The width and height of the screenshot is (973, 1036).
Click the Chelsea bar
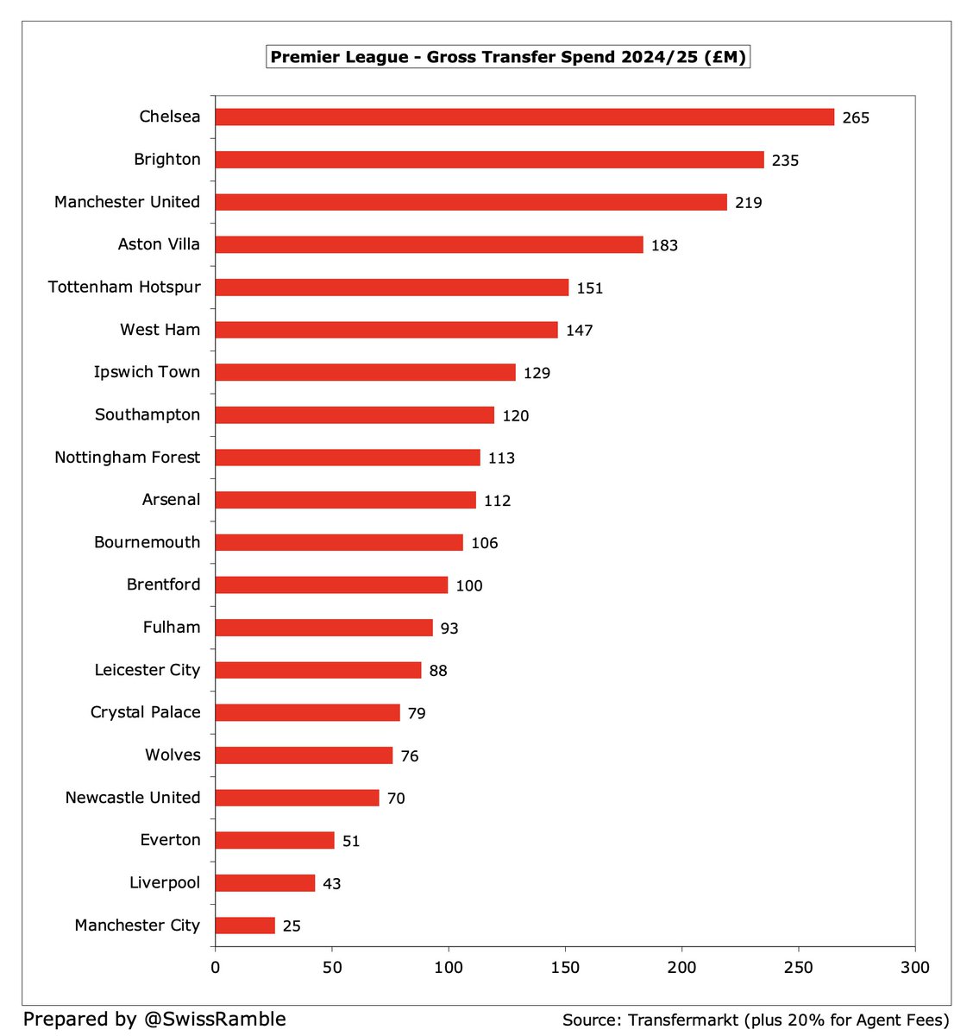coord(524,117)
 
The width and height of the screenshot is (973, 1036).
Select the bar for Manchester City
coord(245,925)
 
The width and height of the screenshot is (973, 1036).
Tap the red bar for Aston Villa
coord(429,245)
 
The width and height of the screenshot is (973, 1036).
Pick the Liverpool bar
coord(265,883)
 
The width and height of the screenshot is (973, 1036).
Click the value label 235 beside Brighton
coord(785,161)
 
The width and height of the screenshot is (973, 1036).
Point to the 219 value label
coord(748,203)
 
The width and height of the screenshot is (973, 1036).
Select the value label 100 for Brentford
coord(469,586)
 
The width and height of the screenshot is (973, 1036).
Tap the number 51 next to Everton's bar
coord(351,841)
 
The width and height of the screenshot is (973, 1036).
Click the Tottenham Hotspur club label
coord(124,287)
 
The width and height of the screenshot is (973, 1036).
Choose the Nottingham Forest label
coord(127,457)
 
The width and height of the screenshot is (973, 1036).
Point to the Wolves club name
coord(173,755)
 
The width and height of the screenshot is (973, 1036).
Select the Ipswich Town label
coord(147,372)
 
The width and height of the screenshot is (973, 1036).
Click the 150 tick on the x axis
coord(565,968)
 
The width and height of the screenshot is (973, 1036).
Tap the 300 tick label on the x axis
coord(915,968)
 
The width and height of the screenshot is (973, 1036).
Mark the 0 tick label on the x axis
coord(216,968)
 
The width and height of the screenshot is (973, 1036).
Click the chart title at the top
coord(508,58)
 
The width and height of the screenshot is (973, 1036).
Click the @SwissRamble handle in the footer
coord(213,1019)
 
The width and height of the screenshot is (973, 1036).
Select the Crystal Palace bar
coord(307,713)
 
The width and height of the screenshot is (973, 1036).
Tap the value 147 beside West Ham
coord(579,331)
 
